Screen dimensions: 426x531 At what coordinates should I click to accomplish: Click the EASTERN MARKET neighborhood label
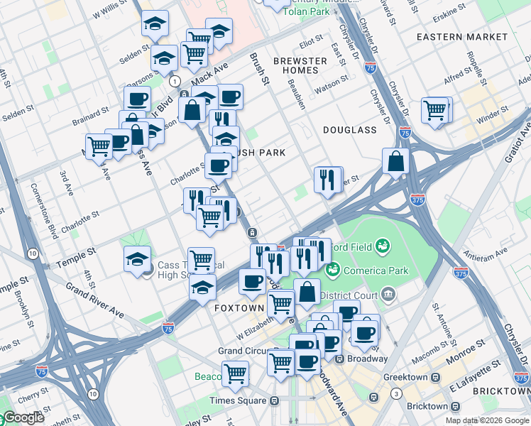462,36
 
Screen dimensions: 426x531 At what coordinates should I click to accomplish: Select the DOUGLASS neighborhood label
349,130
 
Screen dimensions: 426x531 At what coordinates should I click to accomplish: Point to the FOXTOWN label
239,309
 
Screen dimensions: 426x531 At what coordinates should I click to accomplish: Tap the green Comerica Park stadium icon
332,270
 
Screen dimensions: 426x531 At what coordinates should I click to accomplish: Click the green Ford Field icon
383,246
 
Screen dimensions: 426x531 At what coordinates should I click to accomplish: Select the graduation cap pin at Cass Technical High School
137,260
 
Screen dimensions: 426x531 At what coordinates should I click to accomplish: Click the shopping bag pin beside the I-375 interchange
395,161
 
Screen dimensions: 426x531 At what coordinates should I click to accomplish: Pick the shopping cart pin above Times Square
235,373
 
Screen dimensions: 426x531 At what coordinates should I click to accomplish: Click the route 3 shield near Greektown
395,393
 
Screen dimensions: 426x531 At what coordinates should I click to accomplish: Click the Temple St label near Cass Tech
81,253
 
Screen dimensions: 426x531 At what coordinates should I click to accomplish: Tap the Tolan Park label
305,11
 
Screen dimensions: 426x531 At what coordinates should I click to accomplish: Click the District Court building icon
388,293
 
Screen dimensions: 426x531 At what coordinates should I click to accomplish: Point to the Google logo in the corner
23,417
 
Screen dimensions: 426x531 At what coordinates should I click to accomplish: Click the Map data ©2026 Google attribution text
487,420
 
